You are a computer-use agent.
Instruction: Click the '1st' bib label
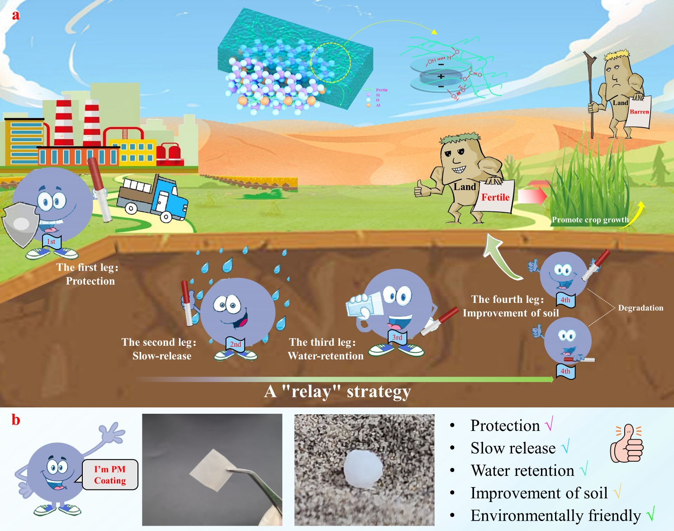click(51, 242)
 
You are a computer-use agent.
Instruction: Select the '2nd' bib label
click(235, 344)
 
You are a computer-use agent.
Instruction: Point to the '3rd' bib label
click(397, 337)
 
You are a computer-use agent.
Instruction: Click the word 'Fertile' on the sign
click(495, 197)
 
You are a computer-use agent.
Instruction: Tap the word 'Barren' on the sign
click(639, 112)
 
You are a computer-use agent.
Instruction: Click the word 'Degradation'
click(641, 308)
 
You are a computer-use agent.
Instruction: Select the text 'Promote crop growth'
click(590, 220)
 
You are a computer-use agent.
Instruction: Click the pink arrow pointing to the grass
click(532, 196)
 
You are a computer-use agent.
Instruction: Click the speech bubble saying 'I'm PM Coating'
click(110, 475)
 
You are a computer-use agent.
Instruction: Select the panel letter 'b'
click(16, 420)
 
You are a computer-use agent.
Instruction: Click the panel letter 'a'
click(16, 15)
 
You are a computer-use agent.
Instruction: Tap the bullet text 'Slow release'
click(513, 448)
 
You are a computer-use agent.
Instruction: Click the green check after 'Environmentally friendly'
click(651, 514)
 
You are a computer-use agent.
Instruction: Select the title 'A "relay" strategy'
click(337, 391)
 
